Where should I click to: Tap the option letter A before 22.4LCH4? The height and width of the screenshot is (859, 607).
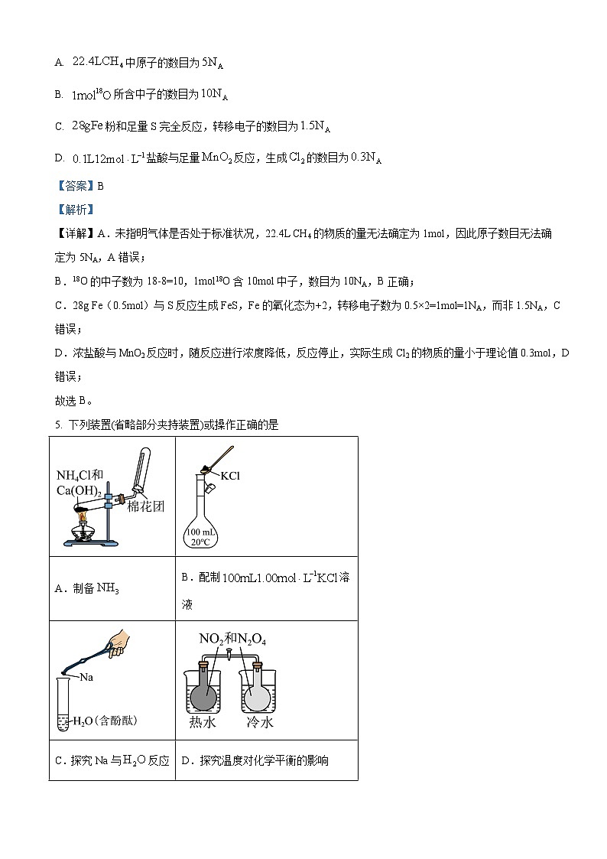point(58,63)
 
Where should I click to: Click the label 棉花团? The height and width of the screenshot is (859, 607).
point(146,506)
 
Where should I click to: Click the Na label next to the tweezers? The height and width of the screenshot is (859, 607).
point(87,677)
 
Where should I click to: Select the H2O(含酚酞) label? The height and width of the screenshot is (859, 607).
point(105,721)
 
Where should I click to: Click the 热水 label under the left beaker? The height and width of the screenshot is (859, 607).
point(203,722)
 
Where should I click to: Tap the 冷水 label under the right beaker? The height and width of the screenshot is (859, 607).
point(259,722)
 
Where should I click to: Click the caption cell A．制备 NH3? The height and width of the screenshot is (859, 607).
point(88,588)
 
